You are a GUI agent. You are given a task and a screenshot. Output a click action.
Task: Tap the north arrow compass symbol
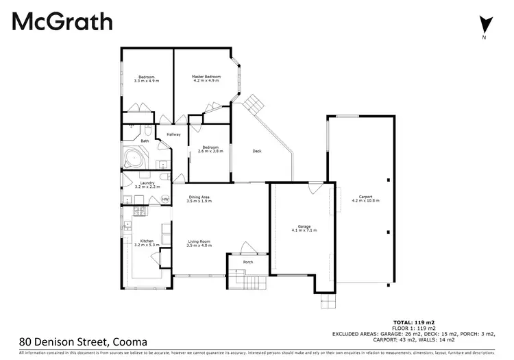pos(485,26)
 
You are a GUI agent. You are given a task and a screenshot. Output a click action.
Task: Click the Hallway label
pos(173,134)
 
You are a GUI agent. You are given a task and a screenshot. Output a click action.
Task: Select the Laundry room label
pos(146,184)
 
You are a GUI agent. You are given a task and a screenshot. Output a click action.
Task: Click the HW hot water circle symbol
pos(165,200)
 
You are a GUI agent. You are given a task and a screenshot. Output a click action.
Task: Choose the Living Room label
pos(199,243)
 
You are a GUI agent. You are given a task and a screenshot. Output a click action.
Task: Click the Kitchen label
pos(147,243)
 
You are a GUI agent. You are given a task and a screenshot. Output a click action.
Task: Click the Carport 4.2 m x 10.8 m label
pos(365,199)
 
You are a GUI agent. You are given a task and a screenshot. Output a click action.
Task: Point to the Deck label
pos(257,152)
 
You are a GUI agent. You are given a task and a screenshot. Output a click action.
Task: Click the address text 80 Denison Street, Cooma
pos(83,340)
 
